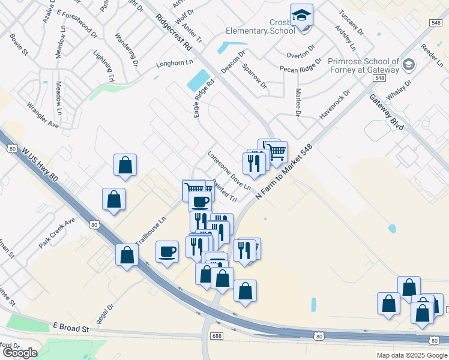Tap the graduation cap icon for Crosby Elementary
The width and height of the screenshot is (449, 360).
coord(301,16)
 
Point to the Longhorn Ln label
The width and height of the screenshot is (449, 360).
coord(174,62)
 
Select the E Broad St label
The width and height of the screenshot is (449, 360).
coord(71,328)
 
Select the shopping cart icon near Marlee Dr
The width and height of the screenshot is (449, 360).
coord(276,152)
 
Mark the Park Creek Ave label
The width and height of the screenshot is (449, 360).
coord(57,233)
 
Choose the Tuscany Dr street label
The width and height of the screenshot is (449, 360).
coord(351,21)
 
